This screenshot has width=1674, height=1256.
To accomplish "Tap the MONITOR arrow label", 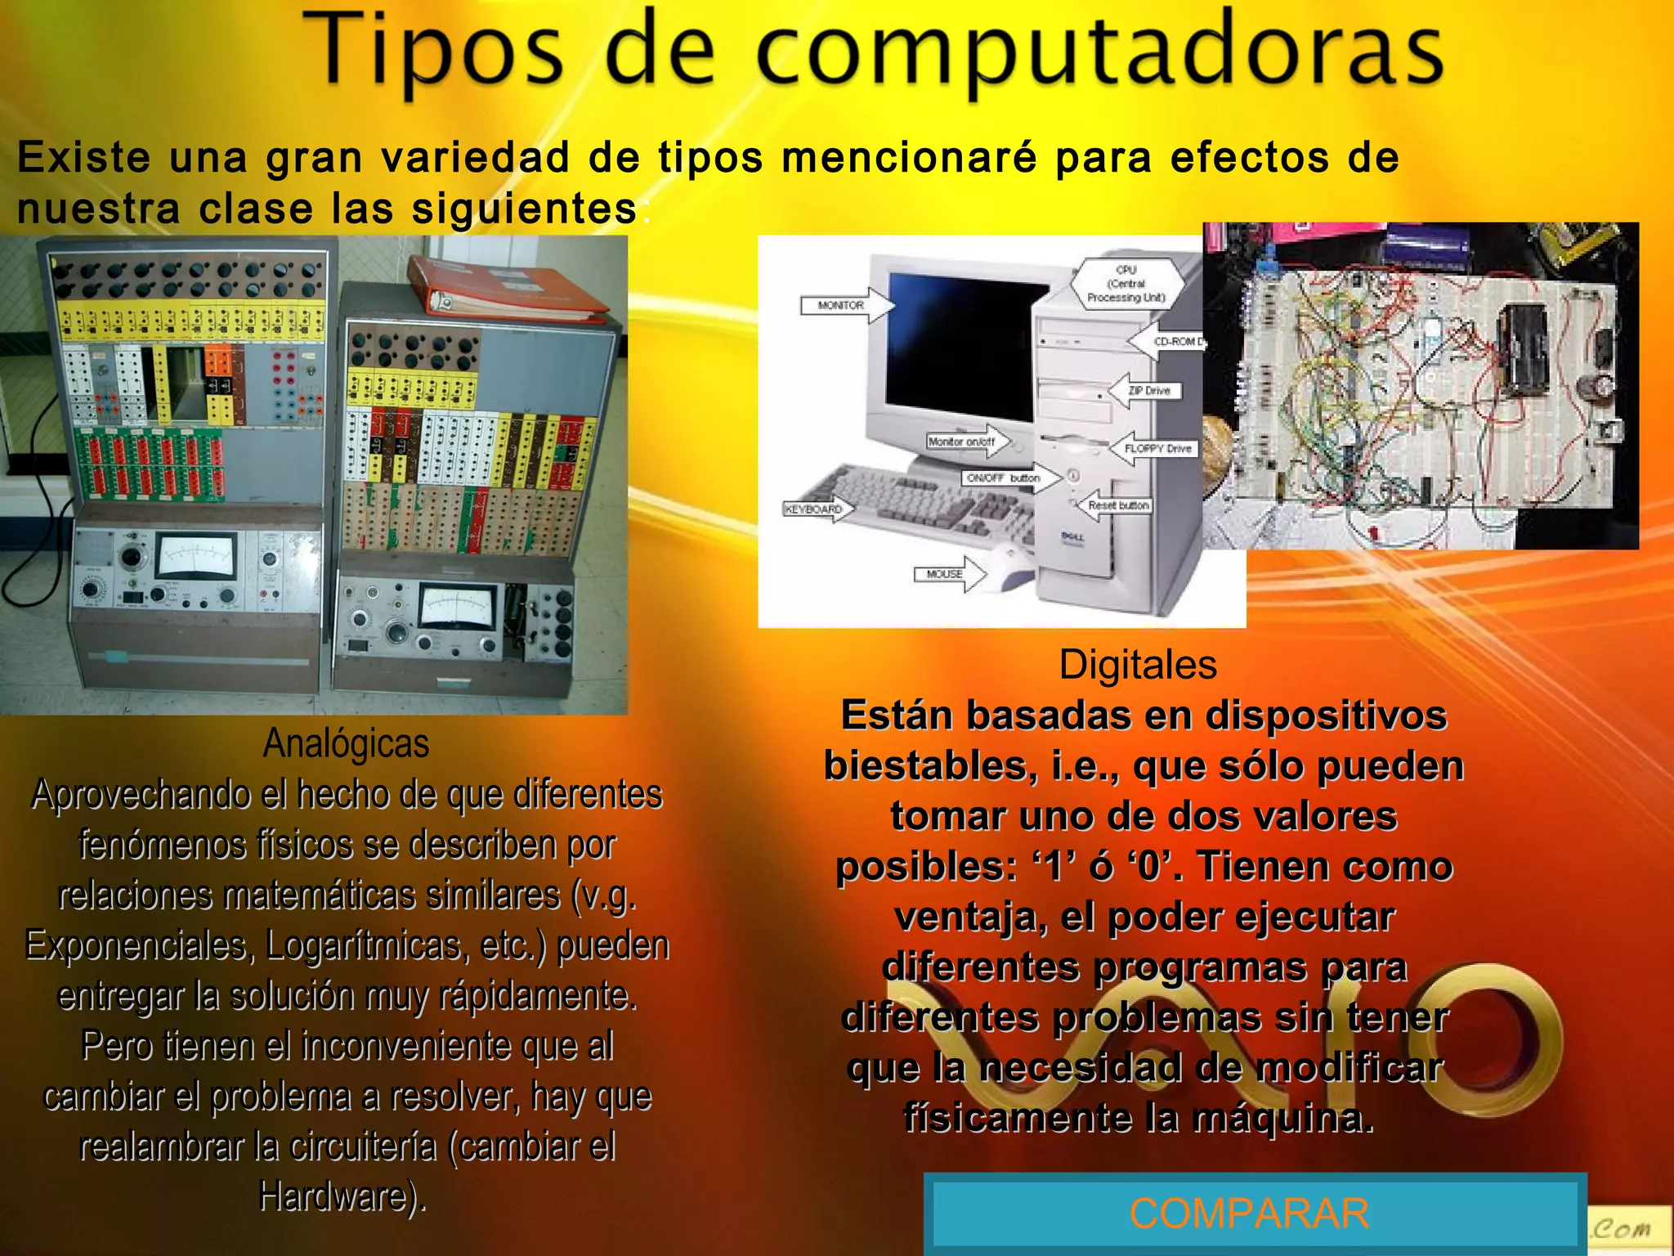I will coord(842,305).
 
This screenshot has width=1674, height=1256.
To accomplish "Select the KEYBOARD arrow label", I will coord(814,509).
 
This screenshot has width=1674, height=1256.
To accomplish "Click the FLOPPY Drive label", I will coord(1157,448).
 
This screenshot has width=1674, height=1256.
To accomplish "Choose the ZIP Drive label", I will coord(1148,391).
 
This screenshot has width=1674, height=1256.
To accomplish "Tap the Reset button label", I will coord(1117,505).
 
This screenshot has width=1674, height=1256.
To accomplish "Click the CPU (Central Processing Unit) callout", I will coord(1126,283).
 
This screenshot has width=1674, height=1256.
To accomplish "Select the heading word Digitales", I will coord(1138,664).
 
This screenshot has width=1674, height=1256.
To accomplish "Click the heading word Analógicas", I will coord(346,743).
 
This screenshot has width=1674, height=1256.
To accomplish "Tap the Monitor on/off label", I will coord(961,442).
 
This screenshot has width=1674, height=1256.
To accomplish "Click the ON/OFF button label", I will coord(1002,478).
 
